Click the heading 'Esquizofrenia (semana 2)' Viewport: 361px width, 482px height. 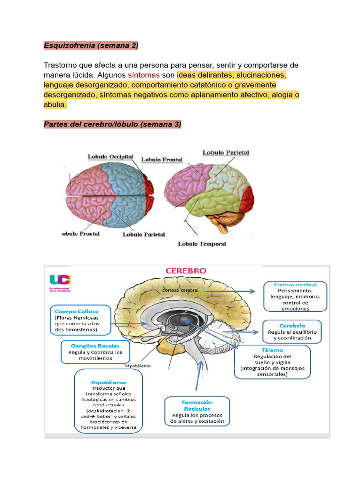(x=91, y=45)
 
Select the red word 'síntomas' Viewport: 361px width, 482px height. (x=143, y=75)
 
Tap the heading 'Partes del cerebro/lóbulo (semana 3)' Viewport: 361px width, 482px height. (x=112, y=124)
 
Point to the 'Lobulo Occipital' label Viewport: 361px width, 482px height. (x=110, y=157)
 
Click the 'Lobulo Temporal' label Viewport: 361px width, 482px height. (x=202, y=244)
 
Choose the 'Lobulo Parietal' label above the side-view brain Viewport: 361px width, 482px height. (x=226, y=153)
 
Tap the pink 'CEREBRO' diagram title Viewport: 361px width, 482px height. (x=185, y=271)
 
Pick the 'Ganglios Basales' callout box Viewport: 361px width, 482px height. (x=95, y=351)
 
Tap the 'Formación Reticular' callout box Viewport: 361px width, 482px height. (x=197, y=411)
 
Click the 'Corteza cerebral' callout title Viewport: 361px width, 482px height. (x=295, y=285)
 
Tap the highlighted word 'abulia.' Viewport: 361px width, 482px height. (x=55, y=105)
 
